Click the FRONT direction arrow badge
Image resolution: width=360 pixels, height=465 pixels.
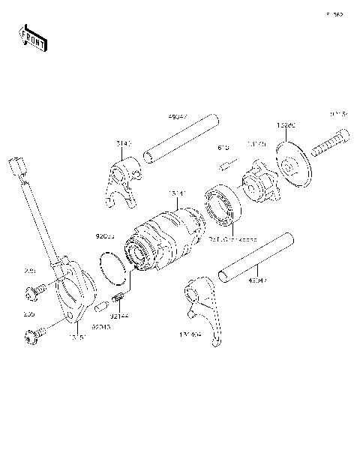(x=31, y=37)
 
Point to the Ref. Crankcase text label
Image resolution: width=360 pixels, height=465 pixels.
(x=232, y=240)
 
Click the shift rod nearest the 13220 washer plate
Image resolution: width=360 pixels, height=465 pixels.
(x=181, y=140)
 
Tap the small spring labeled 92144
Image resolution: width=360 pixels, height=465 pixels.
(x=118, y=301)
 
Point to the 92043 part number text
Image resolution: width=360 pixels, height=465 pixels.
(x=103, y=327)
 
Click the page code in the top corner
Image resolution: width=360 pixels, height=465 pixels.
(x=334, y=14)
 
